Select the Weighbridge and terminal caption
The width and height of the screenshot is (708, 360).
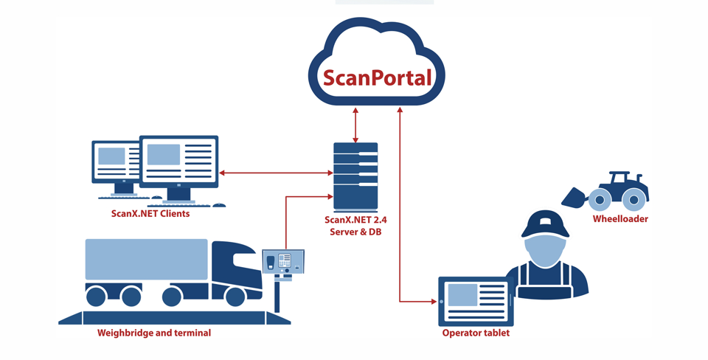pyautogui.click(x=154, y=333)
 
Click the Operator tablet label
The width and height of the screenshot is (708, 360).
pyautogui.click(x=476, y=333)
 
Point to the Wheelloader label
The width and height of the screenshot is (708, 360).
pyautogui.click(x=620, y=219)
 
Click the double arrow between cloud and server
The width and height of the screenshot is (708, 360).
pyautogui.click(x=356, y=124)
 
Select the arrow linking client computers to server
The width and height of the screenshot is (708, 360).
pyautogui.click(x=276, y=173)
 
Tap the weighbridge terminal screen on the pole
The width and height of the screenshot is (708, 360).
pyautogui.click(x=283, y=262)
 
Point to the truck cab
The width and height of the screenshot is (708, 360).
pyautogui.click(x=236, y=269)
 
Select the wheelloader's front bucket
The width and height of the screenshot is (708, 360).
pyautogui.click(x=574, y=197)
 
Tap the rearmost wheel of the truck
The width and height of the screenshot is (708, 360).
pyautogui.click(x=96, y=297)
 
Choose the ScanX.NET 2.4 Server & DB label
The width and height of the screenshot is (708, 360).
pyautogui.click(x=355, y=226)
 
